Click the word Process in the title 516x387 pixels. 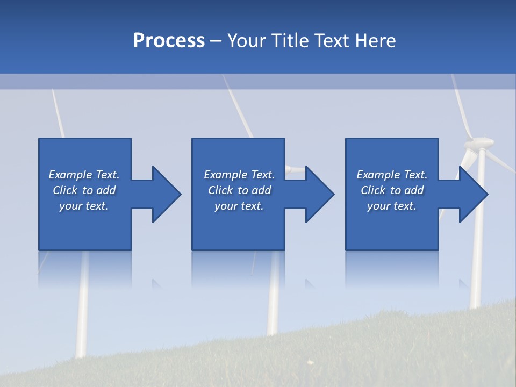(x=169, y=40)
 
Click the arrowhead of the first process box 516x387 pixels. (x=167, y=194)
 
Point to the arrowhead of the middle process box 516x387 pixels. (x=320, y=194)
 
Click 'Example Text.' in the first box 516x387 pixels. (x=84, y=175)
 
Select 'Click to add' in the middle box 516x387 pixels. (x=239, y=190)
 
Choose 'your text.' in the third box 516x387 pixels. (x=391, y=206)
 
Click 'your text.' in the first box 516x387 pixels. (x=84, y=206)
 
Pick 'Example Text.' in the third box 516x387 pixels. (x=391, y=175)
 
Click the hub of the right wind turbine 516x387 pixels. (x=479, y=143)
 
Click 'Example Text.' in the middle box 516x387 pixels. (x=239, y=175)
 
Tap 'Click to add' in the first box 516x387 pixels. (x=84, y=190)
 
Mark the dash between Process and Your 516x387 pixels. (x=216, y=41)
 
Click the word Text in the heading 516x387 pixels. (x=332, y=40)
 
